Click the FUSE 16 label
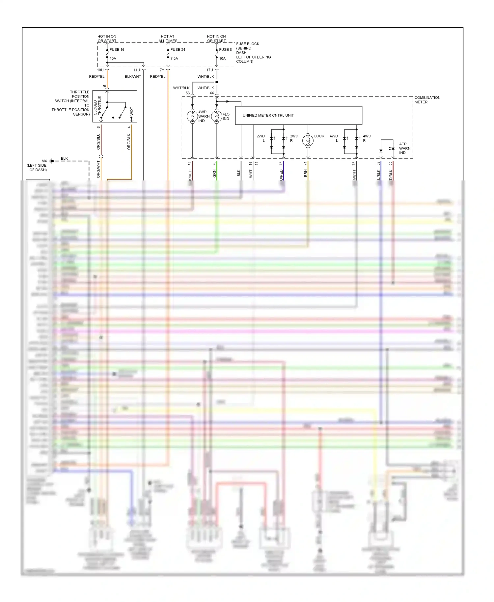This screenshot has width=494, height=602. click(x=117, y=50)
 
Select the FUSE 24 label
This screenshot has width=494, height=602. click(x=178, y=50)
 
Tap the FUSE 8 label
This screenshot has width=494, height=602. click(x=225, y=50)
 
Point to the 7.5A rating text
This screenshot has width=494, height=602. click(x=174, y=59)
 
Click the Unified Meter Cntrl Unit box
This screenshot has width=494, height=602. click(x=298, y=115)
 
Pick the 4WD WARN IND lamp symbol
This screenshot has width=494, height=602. click(x=192, y=116)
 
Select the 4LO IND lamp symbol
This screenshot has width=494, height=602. click(x=217, y=116)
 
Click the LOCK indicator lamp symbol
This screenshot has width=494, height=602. click(x=308, y=141)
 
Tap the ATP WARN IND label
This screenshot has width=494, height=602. click(x=404, y=149)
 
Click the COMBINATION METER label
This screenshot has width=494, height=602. click(x=427, y=100)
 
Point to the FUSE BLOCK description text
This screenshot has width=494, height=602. click(x=253, y=53)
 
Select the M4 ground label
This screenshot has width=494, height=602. click(x=44, y=161)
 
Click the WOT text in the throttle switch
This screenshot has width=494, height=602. click(x=132, y=111)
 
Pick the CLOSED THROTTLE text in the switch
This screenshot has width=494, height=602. click(x=97, y=106)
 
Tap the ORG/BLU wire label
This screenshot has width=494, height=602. click(x=98, y=142)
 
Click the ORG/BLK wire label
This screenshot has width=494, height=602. click(x=129, y=142)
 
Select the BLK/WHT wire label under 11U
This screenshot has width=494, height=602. click(x=133, y=77)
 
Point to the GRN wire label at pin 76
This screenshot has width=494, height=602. click(x=214, y=174)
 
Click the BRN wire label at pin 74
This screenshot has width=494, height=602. click(x=306, y=174)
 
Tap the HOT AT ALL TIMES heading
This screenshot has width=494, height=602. click(x=168, y=39)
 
